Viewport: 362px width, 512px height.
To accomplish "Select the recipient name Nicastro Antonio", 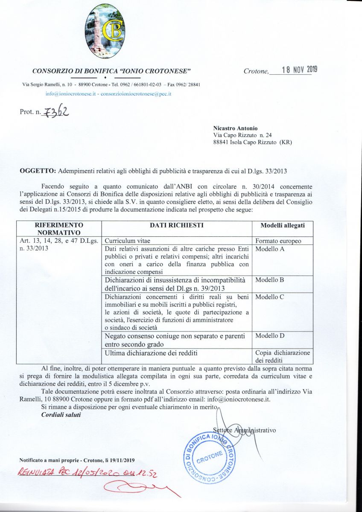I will pyautogui.click(x=235, y=128).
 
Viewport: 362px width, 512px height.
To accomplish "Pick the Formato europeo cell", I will pyautogui.click(x=278, y=241).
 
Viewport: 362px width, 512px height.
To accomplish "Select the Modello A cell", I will pyautogui.click(x=270, y=248).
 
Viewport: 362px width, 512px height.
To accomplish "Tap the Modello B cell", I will pyautogui.click(x=270, y=280).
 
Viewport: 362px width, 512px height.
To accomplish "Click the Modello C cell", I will pyautogui.click(x=270, y=297).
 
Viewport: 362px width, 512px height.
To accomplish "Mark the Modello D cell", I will pyautogui.click(x=270, y=336).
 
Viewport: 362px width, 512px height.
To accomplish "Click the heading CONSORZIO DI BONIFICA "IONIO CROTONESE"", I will pyautogui.click(x=111, y=70).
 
